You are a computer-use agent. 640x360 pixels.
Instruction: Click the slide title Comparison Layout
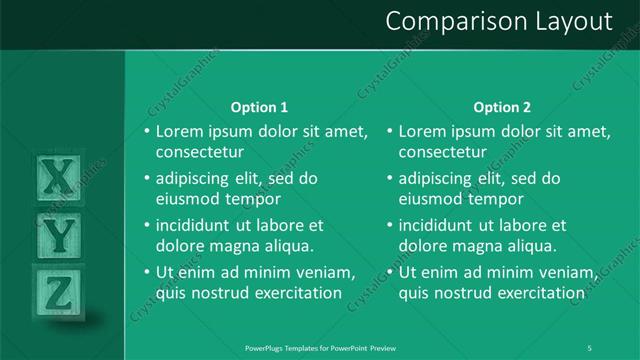498,21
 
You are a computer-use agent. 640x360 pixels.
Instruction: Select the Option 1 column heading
259,107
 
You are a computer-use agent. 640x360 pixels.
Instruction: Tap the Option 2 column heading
502,107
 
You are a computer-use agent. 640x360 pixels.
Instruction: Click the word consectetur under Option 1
201,153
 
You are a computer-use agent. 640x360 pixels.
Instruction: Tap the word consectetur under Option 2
444,153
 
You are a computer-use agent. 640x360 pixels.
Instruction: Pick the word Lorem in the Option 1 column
180,132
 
